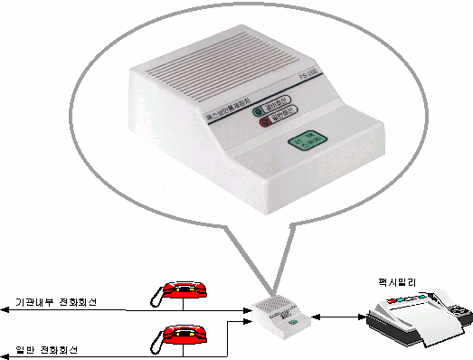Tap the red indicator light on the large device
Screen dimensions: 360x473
tap(265, 126)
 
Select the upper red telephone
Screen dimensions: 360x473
tap(186, 291)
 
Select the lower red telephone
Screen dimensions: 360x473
tap(186, 336)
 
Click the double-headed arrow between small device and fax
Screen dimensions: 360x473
tap(339, 316)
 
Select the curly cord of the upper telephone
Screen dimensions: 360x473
tap(156, 294)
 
